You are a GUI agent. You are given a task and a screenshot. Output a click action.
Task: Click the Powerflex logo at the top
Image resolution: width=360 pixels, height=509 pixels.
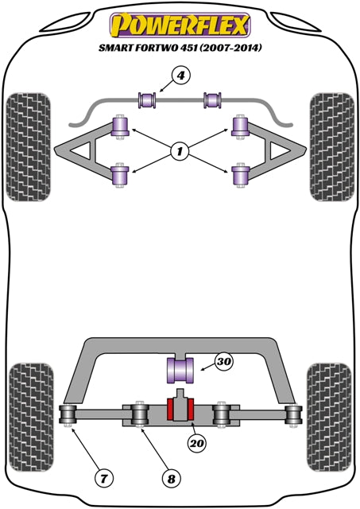pyautogui.click(x=180, y=25)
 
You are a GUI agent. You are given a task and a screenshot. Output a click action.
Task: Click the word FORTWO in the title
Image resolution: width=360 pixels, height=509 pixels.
pyautogui.click(x=152, y=48)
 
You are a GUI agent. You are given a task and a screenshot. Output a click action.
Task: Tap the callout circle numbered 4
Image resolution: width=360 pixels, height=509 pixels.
pyautogui.click(x=180, y=76)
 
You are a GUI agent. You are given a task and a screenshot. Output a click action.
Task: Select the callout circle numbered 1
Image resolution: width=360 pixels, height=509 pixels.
pyautogui.click(x=180, y=151)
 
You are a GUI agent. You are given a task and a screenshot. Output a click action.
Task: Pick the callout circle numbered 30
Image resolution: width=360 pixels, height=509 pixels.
pyautogui.click(x=224, y=361)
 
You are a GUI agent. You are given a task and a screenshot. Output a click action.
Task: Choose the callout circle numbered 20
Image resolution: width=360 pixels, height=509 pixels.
pyautogui.click(x=197, y=443)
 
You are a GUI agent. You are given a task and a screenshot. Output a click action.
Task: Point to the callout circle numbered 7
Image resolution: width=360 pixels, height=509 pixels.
pyautogui.click(x=104, y=478)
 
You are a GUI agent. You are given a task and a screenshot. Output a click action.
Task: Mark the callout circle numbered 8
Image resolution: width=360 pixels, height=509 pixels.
pyautogui.click(x=171, y=479)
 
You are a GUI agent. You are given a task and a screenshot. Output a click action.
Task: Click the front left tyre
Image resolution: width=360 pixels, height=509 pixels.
pyautogui.click(x=29, y=147)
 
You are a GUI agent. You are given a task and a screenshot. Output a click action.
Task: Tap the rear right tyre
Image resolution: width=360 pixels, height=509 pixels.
pyautogui.click(x=329, y=417)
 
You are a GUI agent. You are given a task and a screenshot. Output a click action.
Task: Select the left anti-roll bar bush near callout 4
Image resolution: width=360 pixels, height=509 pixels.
pyautogui.click(x=147, y=100)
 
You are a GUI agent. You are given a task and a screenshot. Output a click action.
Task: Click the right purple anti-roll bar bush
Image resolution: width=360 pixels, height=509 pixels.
pyautogui.click(x=212, y=100)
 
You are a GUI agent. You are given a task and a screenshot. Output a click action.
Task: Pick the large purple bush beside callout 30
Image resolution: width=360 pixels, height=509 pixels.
pyautogui.click(x=180, y=370)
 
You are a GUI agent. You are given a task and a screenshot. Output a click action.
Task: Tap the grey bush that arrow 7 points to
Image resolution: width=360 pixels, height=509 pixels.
pyautogui.click(x=68, y=414)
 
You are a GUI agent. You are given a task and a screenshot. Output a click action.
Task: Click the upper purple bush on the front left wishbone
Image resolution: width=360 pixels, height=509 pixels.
pyautogui.click(x=120, y=127)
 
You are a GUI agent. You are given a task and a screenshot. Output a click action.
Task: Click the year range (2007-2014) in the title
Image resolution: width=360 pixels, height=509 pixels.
pyautogui.click(x=230, y=48)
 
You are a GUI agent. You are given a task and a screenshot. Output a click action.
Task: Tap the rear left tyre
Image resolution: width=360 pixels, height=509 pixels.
pyautogui.click(x=31, y=417)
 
